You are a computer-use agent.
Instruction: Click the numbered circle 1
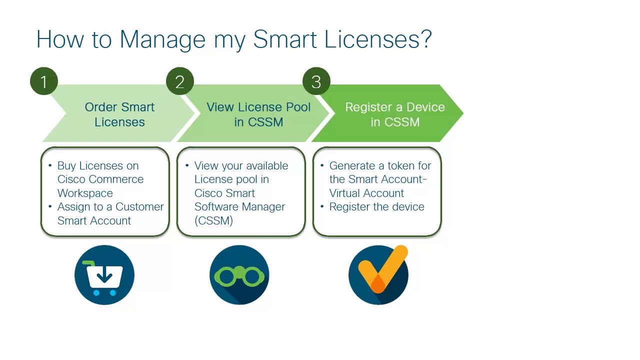pos(44,81)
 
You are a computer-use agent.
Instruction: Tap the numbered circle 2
pos(180,81)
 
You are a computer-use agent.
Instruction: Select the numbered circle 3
pos(316,81)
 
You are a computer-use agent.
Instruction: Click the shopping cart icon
pos(104,275)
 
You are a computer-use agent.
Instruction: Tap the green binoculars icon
pos(239,275)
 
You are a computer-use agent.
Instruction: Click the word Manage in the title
pos(162,39)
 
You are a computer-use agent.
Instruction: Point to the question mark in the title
pos(426,39)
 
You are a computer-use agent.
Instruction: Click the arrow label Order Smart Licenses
pos(119,114)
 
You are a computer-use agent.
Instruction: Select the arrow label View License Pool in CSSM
pos(258,114)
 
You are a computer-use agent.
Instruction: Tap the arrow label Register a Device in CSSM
pos(395,114)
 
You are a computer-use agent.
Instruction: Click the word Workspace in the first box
pos(85,193)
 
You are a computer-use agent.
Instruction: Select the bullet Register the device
pos(376,207)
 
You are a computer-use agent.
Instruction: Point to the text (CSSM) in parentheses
pos(213,220)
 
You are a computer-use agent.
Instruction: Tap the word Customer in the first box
pos(139,207)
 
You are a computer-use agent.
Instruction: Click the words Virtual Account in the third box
pos(366,193)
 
